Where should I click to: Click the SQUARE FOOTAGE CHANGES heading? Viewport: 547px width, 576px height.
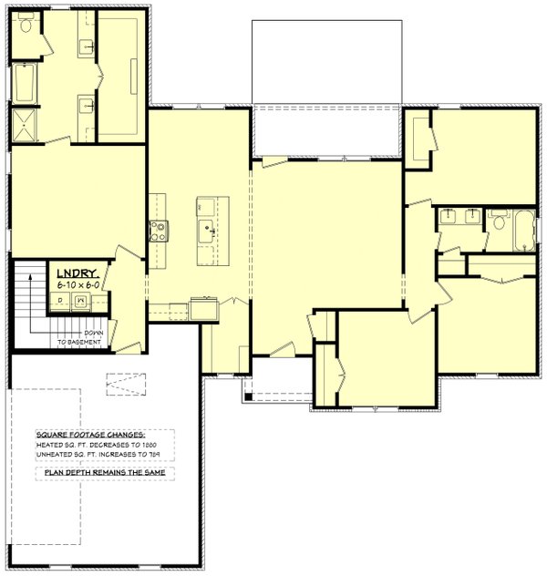point(91,435)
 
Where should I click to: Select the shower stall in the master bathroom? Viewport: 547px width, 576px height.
point(24,127)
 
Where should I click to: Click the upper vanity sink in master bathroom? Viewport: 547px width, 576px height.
point(88,45)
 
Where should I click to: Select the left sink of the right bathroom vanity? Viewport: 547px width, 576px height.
point(449,216)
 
